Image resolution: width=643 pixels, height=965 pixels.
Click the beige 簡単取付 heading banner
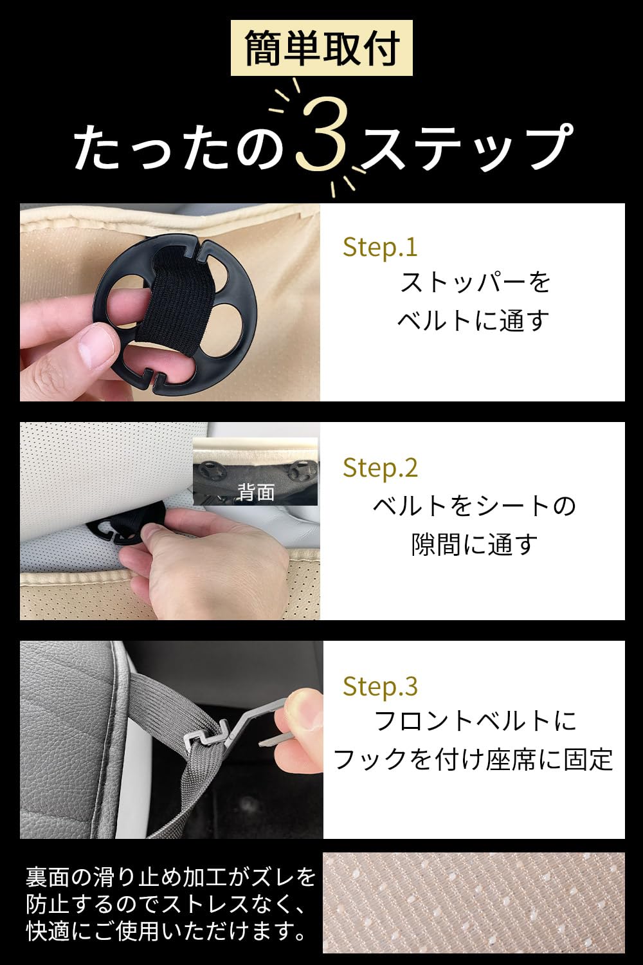[x=321, y=48]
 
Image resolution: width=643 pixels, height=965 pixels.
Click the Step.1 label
[x=380, y=247]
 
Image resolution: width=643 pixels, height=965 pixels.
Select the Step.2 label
[x=380, y=468]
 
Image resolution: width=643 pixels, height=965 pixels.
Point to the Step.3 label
[x=380, y=686]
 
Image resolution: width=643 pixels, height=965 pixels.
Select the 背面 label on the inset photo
[x=256, y=492]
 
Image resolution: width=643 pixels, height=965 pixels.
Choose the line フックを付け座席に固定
[x=473, y=760]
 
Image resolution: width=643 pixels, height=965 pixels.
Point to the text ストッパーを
[x=475, y=283]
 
